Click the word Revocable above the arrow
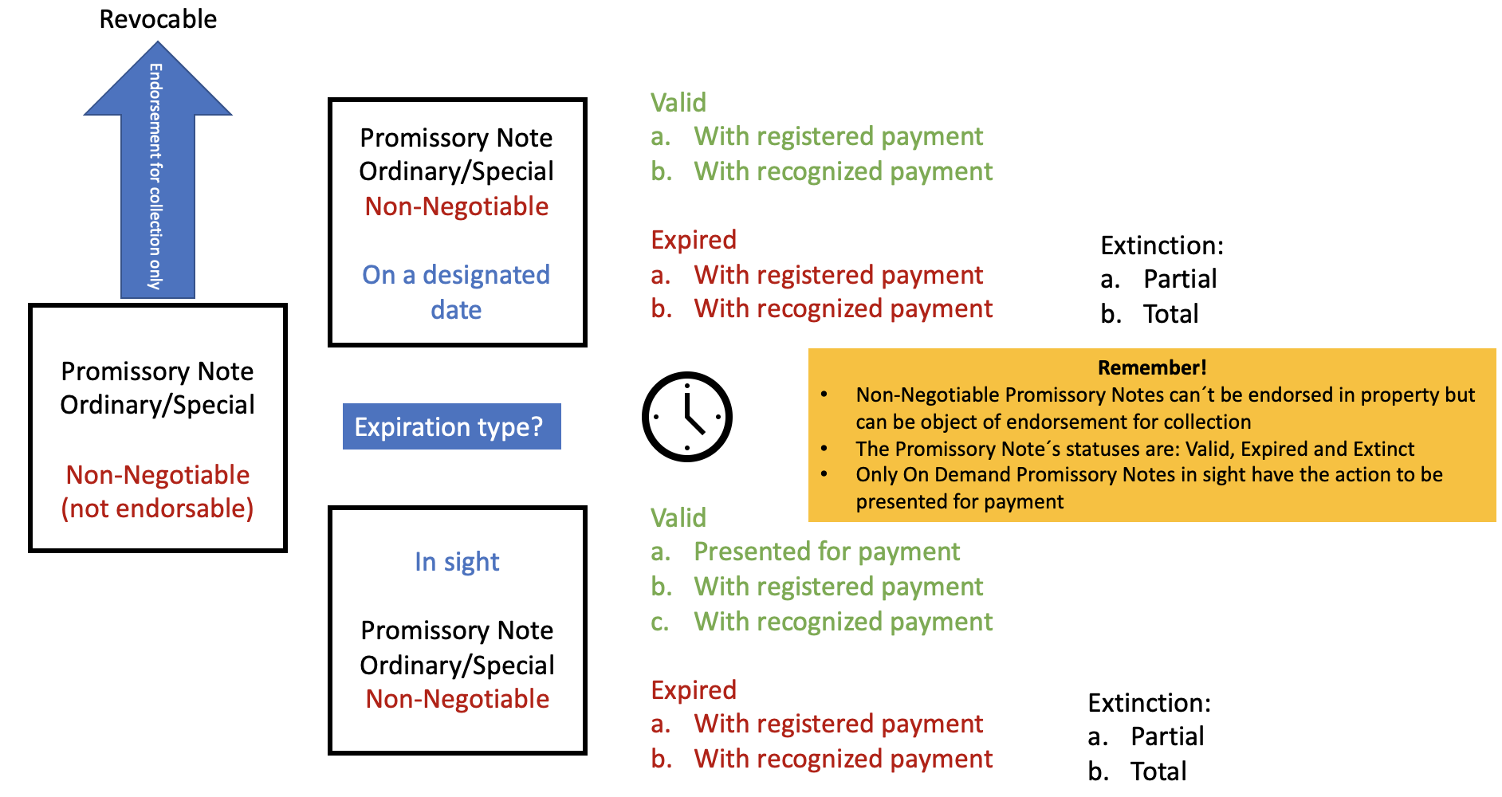click(158, 19)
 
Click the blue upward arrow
click(158, 171)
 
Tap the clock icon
click(686, 416)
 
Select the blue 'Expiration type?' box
click(451, 426)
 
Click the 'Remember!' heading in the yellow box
click(1152, 367)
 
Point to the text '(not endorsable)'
click(158, 508)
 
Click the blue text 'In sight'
click(457, 562)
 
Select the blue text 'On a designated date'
click(456, 292)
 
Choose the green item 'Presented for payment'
click(827, 552)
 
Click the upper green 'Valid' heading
click(678, 102)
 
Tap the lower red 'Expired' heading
click(694, 689)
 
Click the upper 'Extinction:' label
click(1162, 245)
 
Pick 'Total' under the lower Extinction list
click(1158, 771)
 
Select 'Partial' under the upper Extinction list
click(1180, 279)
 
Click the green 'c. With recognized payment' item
click(822, 622)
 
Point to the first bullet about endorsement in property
click(1165, 408)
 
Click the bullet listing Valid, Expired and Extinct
click(1134, 449)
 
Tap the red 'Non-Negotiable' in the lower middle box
click(458, 699)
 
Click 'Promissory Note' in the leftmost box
click(157, 371)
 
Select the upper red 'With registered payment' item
click(838, 275)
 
